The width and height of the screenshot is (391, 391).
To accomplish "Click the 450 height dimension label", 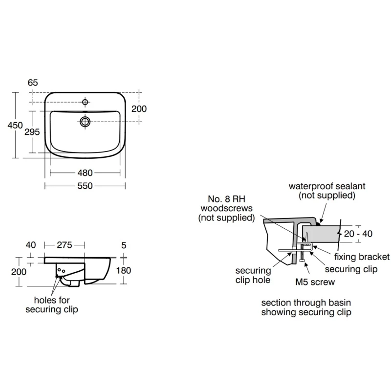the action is (15, 125).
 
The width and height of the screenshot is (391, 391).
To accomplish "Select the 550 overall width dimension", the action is (85, 186).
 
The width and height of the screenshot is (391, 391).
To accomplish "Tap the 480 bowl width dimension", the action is (85, 173).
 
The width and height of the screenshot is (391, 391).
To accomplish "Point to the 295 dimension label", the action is (32, 132).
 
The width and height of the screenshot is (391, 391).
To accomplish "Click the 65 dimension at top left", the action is (33, 83).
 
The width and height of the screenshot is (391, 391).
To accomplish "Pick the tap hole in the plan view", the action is (85, 102).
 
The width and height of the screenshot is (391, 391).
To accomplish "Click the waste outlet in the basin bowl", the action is (85, 122).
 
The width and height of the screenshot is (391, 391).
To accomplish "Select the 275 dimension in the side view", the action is (65, 245).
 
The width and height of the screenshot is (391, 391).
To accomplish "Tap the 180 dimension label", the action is (124, 271).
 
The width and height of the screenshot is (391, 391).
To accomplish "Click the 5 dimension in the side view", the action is (124, 245).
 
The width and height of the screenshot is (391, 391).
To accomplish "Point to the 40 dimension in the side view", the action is (31, 245).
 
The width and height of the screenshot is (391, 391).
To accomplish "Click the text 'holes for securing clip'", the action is (52, 304).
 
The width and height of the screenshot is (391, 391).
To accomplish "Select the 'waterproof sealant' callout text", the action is (327, 186).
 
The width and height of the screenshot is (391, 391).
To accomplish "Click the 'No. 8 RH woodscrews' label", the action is (226, 203).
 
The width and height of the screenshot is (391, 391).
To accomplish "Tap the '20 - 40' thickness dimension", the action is (358, 234).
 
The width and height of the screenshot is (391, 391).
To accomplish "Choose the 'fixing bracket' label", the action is (362, 257).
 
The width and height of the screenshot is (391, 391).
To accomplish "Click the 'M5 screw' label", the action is (315, 282).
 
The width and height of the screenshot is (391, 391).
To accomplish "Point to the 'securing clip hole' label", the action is (253, 275).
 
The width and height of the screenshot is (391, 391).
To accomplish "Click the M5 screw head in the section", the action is (302, 261).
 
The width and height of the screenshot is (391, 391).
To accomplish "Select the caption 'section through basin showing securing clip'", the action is (306, 307).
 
